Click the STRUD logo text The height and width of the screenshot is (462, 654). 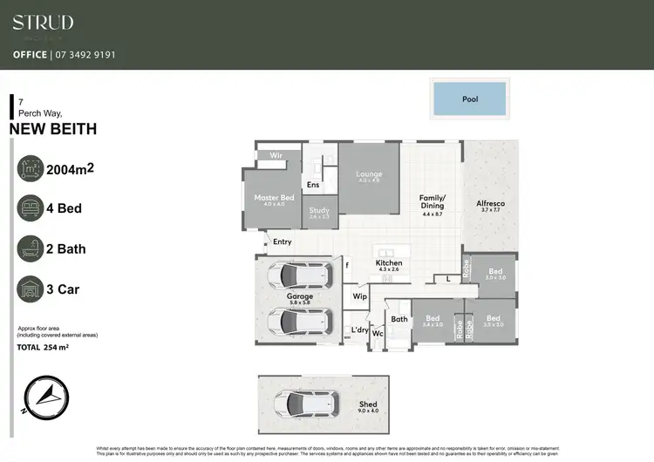(43, 23)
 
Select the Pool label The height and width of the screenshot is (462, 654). (470, 99)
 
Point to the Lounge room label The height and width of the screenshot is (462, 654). (370, 174)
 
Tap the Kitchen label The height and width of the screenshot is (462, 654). (389, 263)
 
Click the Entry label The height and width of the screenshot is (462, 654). (283, 241)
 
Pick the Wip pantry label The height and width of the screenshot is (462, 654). (359, 296)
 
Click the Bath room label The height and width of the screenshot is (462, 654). (399, 320)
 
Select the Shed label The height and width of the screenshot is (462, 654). (368, 404)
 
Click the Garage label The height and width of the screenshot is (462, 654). (300, 296)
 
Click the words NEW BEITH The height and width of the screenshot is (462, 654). (53, 130)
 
